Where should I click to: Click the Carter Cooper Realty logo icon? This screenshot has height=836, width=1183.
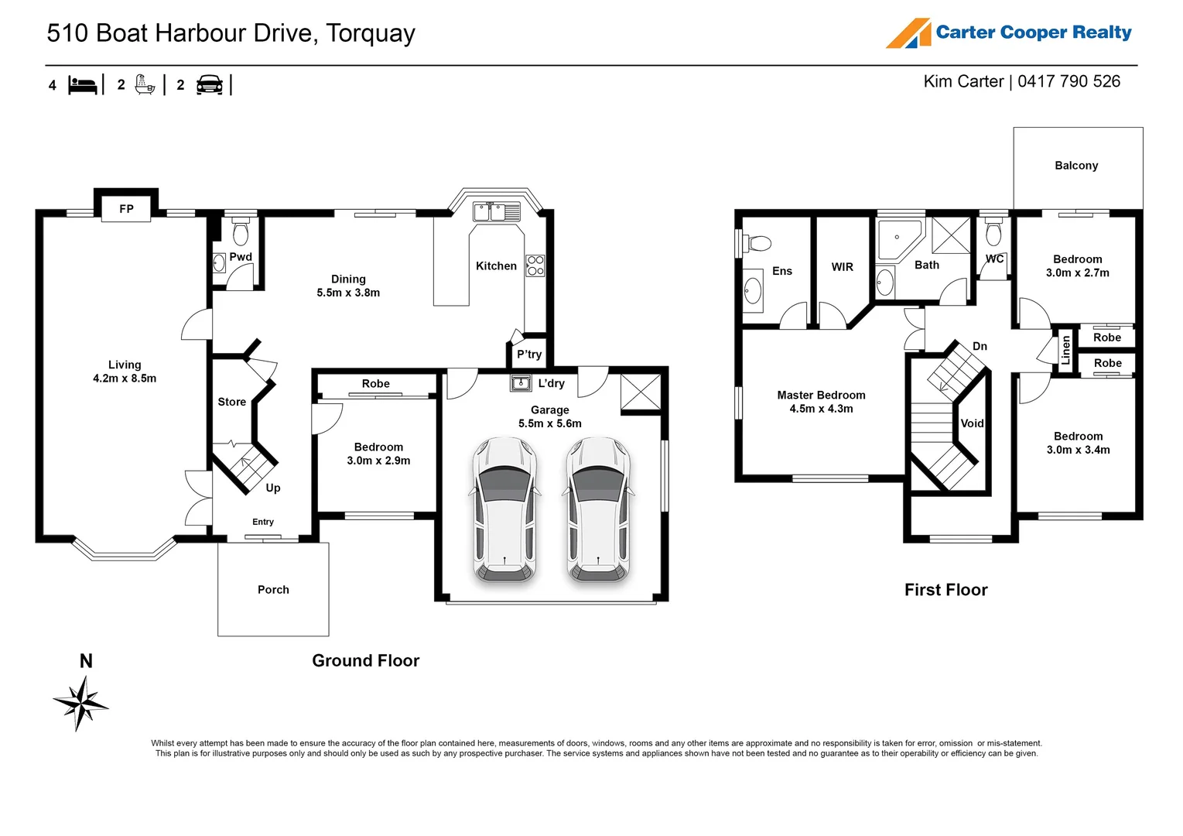908,33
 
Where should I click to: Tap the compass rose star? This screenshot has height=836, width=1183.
80,704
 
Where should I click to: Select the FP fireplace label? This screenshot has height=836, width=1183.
126,209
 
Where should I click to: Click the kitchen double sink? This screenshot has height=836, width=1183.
497,211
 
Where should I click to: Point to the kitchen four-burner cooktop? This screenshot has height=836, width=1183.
535,266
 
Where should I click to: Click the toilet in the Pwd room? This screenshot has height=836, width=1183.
241,231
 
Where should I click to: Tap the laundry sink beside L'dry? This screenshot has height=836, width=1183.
521,382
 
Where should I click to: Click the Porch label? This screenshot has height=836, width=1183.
273,590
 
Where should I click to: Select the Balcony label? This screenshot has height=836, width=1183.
1076,166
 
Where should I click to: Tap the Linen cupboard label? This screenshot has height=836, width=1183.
1065,350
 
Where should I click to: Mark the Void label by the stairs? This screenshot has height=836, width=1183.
972,423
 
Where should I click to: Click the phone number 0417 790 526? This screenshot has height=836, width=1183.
1068,81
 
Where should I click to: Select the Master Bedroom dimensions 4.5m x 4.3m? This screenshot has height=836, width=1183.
821,409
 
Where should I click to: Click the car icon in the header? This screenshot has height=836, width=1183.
210,84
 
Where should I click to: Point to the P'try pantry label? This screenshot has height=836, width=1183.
529,355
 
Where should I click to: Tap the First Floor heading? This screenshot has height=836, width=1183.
946,590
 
